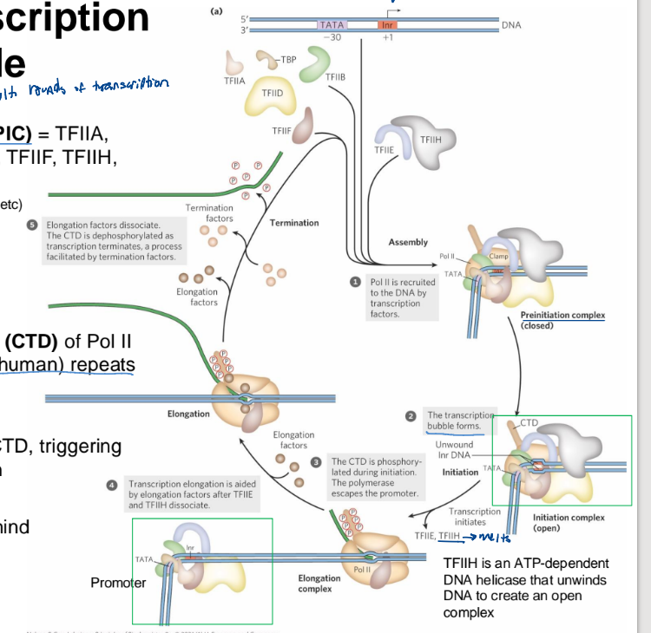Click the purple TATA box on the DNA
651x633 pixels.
(x=332, y=25)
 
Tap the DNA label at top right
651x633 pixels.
(x=511, y=25)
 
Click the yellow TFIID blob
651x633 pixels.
(x=272, y=96)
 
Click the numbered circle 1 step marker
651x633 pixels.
(x=354, y=282)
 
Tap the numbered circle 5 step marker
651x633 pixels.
(x=32, y=224)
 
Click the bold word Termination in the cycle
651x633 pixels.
(x=294, y=223)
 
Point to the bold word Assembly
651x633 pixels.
(x=408, y=242)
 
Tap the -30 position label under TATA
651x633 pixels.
(x=331, y=37)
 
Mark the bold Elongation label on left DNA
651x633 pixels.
(x=188, y=414)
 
